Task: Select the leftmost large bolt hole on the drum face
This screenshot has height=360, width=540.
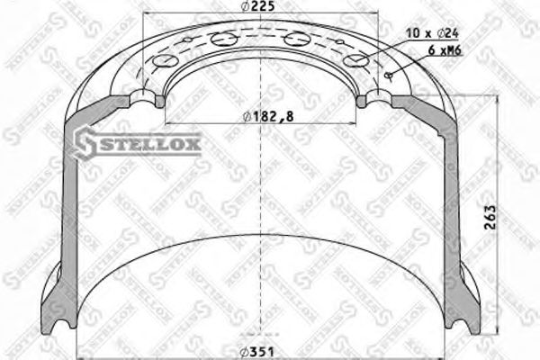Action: pyautogui.click(x=163, y=61)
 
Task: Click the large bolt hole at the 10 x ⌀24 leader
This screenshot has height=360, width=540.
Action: pyautogui.click(x=358, y=61)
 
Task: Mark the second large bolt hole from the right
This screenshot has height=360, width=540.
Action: pyautogui.click(x=296, y=40)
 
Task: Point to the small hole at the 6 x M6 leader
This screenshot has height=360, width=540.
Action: pyautogui.click(x=389, y=76)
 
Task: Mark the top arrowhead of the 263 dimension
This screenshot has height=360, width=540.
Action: pyautogui.click(x=489, y=96)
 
